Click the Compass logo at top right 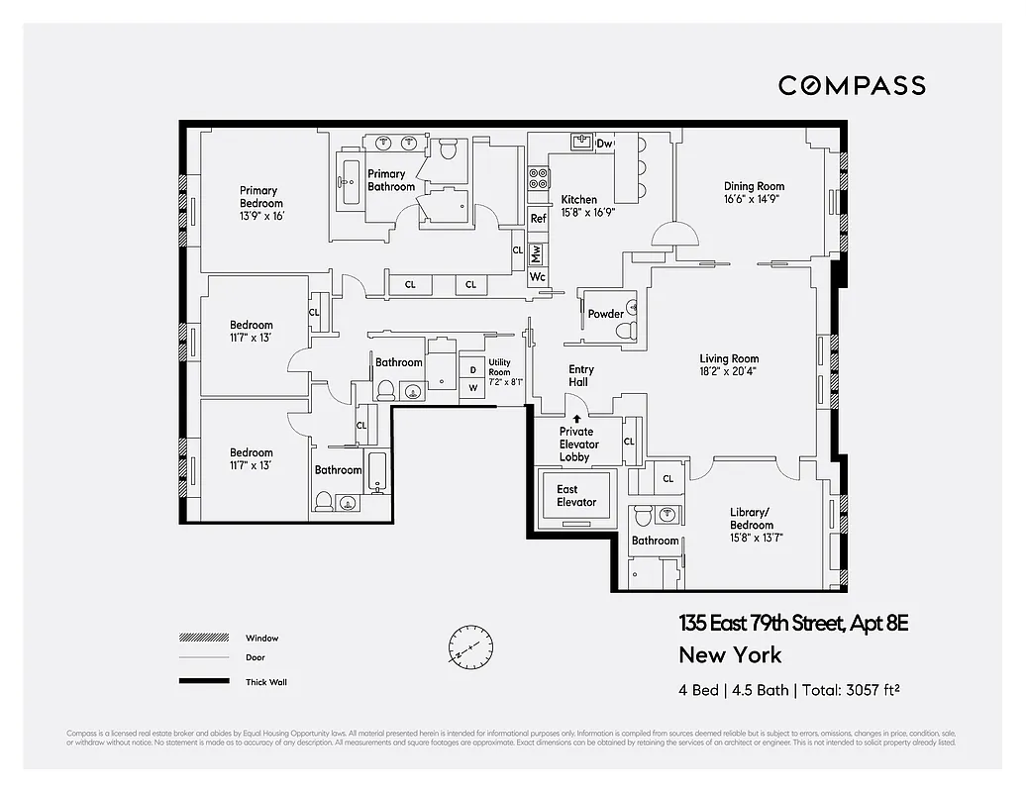pyautogui.click(x=852, y=85)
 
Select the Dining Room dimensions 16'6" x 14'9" pyautogui.click(x=754, y=199)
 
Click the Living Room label pyautogui.click(x=729, y=359)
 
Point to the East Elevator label pyautogui.click(x=575, y=496)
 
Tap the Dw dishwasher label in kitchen pyautogui.click(x=605, y=145)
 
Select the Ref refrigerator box pyautogui.click(x=538, y=219)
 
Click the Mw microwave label pyautogui.click(x=537, y=252)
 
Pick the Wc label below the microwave pyautogui.click(x=537, y=277)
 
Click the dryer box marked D pyautogui.click(x=473, y=370)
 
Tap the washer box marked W pyautogui.click(x=473, y=388)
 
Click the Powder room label pyautogui.click(x=605, y=315)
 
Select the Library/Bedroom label pyautogui.click(x=752, y=519)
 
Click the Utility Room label pyautogui.click(x=499, y=367)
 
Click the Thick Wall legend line pyautogui.click(x=197, y=681)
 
